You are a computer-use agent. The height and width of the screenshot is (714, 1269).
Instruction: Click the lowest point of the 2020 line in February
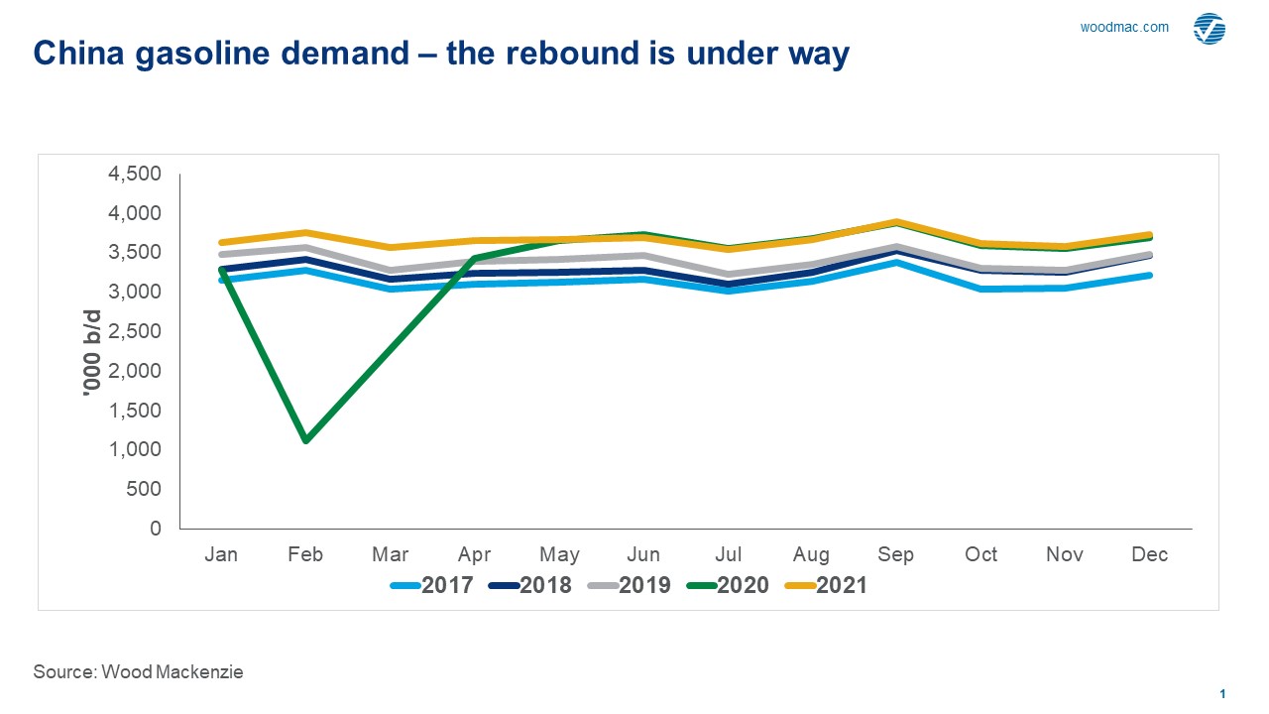305,439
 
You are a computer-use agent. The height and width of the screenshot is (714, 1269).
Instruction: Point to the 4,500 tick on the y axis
133,174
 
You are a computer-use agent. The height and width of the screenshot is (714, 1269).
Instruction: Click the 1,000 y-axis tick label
134,449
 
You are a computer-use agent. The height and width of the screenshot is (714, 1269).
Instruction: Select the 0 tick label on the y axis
155,529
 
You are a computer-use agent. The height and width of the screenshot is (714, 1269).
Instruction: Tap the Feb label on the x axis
305,554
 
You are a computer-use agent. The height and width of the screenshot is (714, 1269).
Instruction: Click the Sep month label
896,554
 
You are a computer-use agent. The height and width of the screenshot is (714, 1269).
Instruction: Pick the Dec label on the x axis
1150,554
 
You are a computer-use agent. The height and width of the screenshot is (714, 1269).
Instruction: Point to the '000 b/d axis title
92,351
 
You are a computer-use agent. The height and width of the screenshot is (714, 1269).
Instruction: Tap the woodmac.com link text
1124,28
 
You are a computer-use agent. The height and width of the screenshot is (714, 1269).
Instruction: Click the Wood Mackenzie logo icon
1208,29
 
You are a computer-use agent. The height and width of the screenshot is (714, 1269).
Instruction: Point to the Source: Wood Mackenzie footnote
138,671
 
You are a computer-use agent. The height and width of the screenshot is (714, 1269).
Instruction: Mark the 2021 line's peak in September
896,222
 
